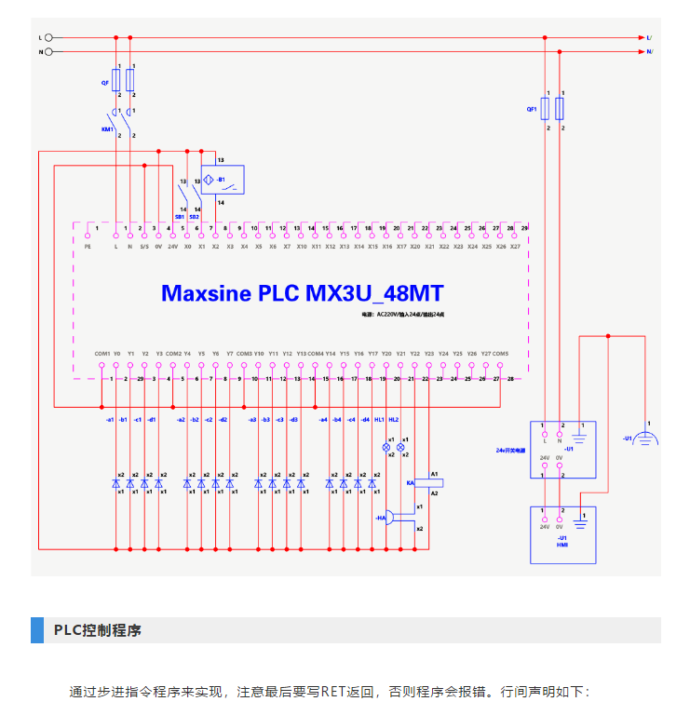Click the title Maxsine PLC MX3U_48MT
[x=303, y=294]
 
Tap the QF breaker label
[x=105, y=83]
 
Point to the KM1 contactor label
[x=107, y=129]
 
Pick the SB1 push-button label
[x=181, y=217]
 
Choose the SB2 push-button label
[x=195, y=217]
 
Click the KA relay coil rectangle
[x=435, y=483]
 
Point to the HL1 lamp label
[x=379, y=420]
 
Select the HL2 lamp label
[x=394, y=420]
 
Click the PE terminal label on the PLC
[x=88, y=247]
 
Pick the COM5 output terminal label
[x=500, y=354]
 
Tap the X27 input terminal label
[x=515, y=247]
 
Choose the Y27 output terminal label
[x=485, y=354]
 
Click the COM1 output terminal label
[x=102, y=354]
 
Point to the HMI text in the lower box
[x=561, y=545]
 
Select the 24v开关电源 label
[x=510, y=450]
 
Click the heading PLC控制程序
[x=97, y=630]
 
